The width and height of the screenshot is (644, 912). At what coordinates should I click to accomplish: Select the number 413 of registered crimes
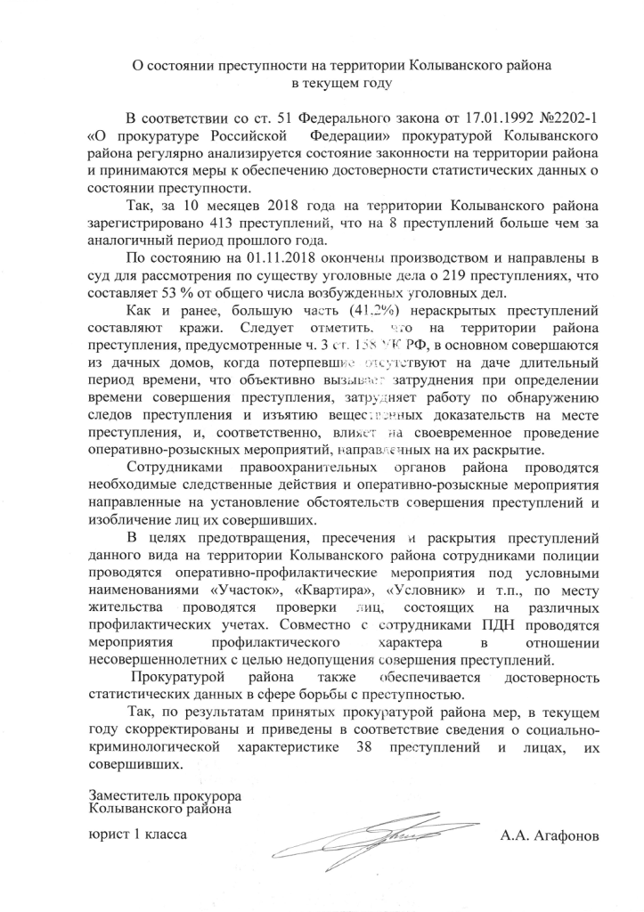(x=228, y=224)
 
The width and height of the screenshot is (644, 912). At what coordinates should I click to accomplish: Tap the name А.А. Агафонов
(x=550, y=836)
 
